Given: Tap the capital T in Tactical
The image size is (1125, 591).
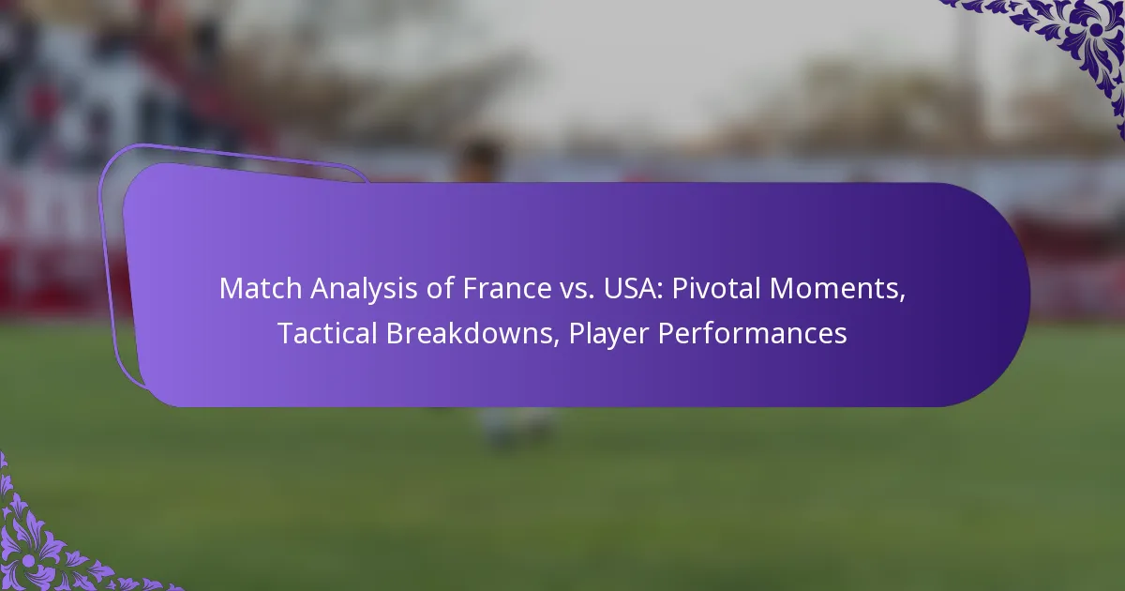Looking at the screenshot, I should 283,334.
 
